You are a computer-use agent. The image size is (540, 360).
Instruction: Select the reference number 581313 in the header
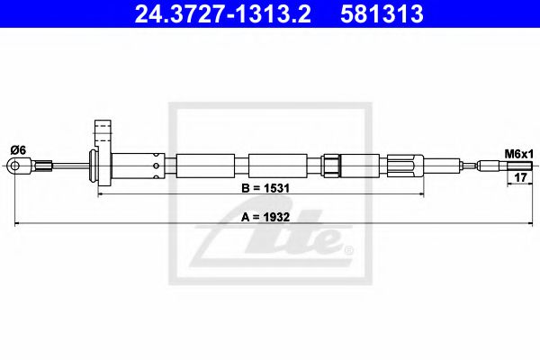[x=382, y=14]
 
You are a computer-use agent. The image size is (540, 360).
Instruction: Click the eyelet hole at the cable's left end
[x=14, y=166]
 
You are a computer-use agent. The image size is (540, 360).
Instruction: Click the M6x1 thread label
[x=518, y=155]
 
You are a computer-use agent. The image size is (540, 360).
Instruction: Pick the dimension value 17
[x=518, y=177]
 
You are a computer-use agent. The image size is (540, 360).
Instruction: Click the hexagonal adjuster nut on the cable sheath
[x=331, y=166]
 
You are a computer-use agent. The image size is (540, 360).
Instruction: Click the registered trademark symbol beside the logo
[x=348, y=249]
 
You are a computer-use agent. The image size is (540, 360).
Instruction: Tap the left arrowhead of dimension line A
[x=18, y=221]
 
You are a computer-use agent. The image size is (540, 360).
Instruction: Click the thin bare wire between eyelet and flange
[x=71, y=166]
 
